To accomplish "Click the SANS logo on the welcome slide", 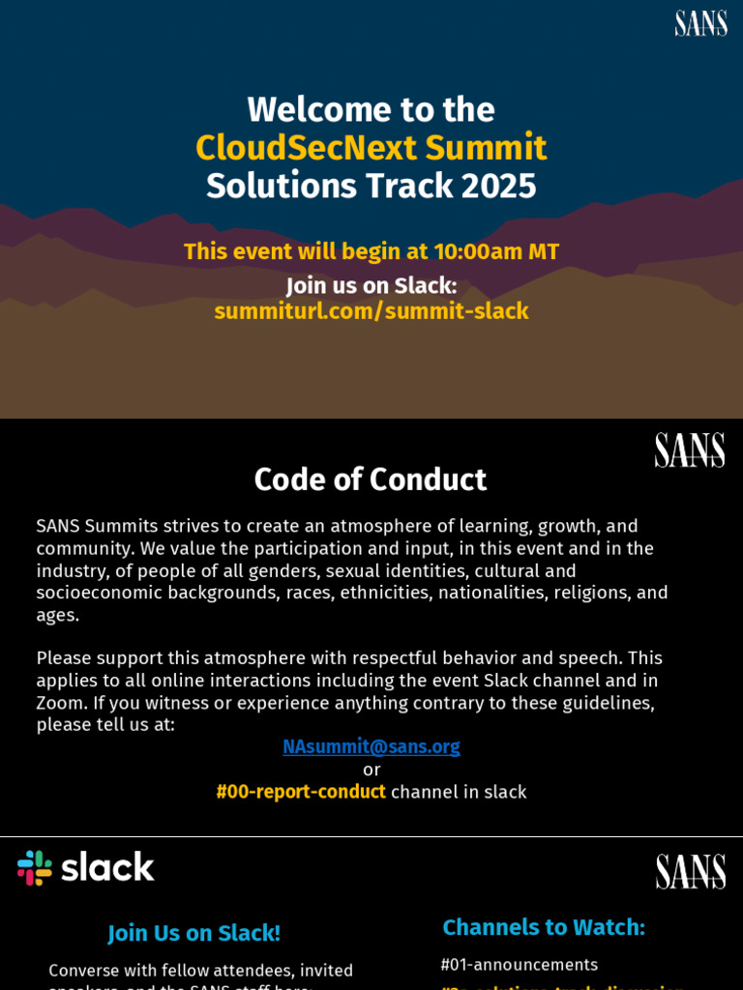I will coord(700,23).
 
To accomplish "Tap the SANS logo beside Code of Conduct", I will coord(689,450).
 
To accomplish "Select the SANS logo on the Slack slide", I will coord(690,871).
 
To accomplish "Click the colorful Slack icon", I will coord(35,867).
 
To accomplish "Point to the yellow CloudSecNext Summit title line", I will coord(371,148).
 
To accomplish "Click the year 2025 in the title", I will coord(498,186).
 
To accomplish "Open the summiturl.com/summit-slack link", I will coord(371,311).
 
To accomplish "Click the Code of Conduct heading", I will coord(370,480).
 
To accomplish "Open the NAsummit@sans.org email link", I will coord(371,746).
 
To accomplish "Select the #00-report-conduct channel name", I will coord(301,792).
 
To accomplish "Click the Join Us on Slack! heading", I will coord(193,933).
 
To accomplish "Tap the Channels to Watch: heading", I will coord(544,927).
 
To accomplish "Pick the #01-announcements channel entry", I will coord(519,965).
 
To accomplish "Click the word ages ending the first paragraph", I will coord(57,615).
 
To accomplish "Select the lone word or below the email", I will coord(371,770).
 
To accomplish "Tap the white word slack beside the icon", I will coord(108,867).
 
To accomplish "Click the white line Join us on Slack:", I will coord(371,286).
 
